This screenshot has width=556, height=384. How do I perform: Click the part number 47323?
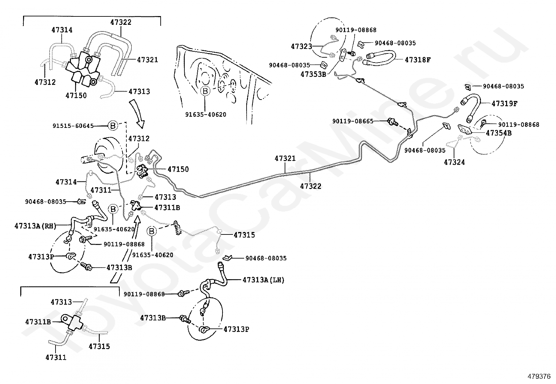pos(301,46)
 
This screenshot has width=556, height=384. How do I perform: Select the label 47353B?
pos(313,74)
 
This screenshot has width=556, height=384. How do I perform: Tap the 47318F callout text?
pos(418,60)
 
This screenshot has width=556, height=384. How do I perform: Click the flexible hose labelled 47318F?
pos(379,58)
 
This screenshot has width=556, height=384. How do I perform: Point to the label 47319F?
pos(505,103)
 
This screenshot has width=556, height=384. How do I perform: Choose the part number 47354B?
pos(499,133)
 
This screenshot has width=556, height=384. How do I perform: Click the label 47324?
pos(454,162)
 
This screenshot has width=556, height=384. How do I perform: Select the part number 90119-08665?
pos(353,121)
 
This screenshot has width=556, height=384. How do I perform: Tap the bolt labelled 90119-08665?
pos(393,122)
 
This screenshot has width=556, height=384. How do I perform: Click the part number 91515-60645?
pos(73,126)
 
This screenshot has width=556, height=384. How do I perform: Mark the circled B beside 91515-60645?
pos(113,126)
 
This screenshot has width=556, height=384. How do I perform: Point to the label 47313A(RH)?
pos(36,226)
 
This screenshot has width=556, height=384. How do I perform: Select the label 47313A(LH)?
pos(263,280)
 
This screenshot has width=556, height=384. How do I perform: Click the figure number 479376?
pos(539,377)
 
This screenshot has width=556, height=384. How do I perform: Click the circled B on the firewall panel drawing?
pos(205,91)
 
